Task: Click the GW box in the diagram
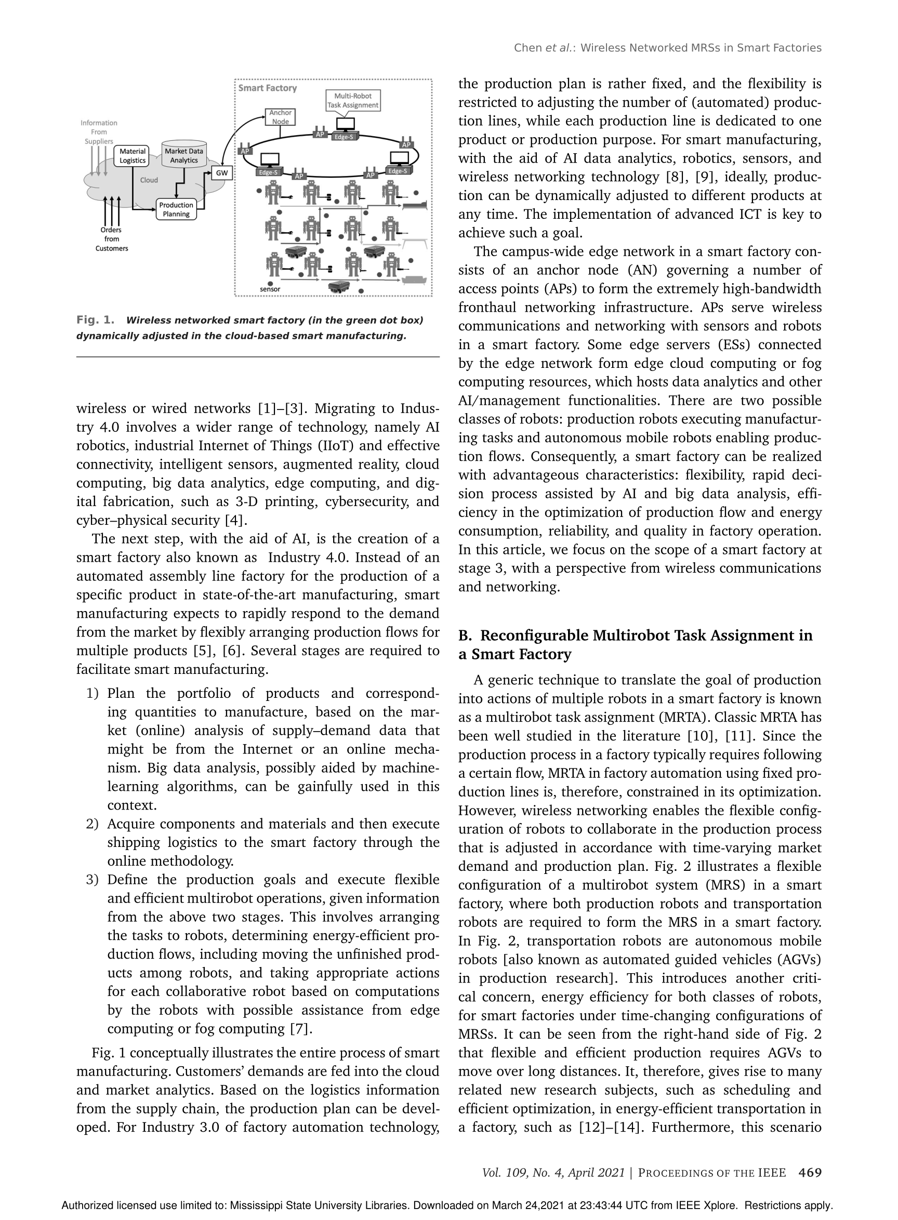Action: pyautogui.click(x=222, y=174)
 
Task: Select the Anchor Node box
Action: pyautogui.click(x=281, y=117)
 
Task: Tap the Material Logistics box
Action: pyautogui.click(x=133, y=156)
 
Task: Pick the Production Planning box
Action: pyautogui.click(x=176, y=209)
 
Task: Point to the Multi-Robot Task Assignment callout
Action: pyautogui.click(x=353, y=100)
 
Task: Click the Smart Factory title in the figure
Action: pyautogui.click(x=268, y=88)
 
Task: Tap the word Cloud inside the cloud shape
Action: pyautogui.click(x=149, y=180)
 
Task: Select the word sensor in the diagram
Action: pyautogui.click(x=270, y=289)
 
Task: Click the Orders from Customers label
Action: pyautogui.click(x=111, y=239)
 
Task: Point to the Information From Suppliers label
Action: pyautogui.click(x=98, y=132)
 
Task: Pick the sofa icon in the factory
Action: pyautogui.click(x=416, y=280)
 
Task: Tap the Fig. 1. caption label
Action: pyautogui.click(x=96, y=320)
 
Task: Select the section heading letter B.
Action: pyautogui.click(x=464, y=636)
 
